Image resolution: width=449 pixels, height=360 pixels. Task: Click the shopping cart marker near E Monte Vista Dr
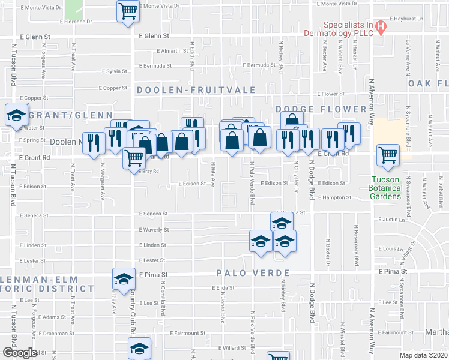(x=128, y=10)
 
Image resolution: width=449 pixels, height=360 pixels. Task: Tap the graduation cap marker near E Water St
(x=17, y=115)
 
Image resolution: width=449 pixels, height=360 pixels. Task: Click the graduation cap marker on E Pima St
(x=124, y=278)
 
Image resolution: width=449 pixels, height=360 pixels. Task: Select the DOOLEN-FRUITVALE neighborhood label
(x=196, y=90)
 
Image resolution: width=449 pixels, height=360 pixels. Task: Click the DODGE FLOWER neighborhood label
(x=321, y=109)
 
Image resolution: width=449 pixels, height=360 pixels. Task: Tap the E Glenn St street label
(x=154, y=36)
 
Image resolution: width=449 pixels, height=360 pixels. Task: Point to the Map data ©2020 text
(x=423, y=355)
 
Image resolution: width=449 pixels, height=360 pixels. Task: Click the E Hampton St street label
(x=334, y=197)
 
